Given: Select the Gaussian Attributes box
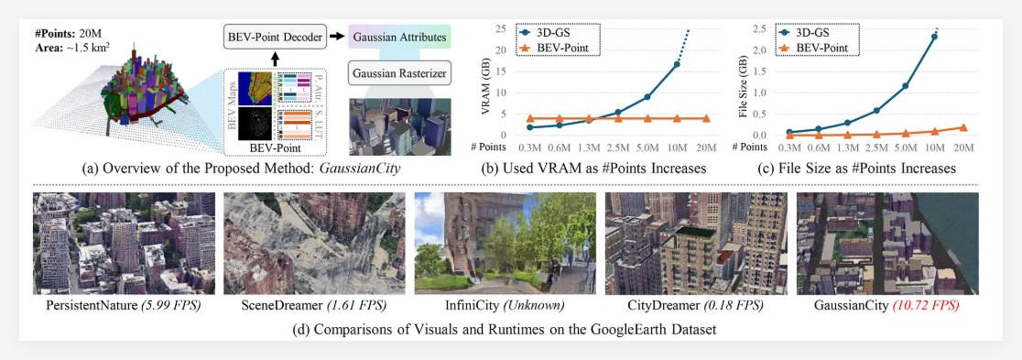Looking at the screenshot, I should [x=400, y=38].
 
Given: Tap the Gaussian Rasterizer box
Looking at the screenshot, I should [x=399, y=72].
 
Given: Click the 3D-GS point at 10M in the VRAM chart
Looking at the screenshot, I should [x=677, y=64].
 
